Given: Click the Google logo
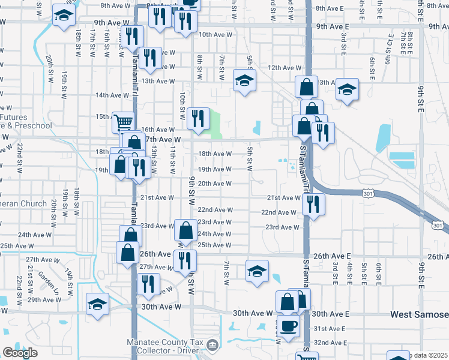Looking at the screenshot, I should pos(20,353).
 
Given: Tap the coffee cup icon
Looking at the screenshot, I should pos(288,326).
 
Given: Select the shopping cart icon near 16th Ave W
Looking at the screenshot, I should pos(123,122).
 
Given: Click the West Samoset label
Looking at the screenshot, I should pos(419,314).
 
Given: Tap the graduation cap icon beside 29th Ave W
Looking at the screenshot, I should pos(97,304).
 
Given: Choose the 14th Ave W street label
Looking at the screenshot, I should pos(112,95).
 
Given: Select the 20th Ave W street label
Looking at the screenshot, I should pos(215,184).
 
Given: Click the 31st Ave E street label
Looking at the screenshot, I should pos(330,329).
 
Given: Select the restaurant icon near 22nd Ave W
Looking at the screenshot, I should pos(312,205).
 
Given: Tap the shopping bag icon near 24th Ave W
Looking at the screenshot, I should pos(185,230).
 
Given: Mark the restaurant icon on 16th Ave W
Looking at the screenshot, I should pos(197,118).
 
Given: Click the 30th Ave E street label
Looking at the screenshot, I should pos(330,314).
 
